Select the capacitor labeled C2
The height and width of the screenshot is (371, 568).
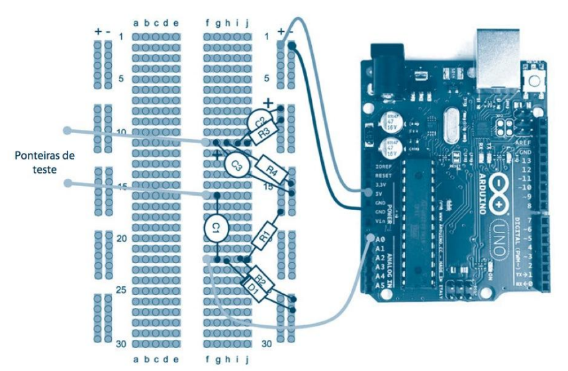260,121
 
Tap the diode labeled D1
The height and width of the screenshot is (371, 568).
253,287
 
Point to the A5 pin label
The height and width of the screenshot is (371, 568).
379,284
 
